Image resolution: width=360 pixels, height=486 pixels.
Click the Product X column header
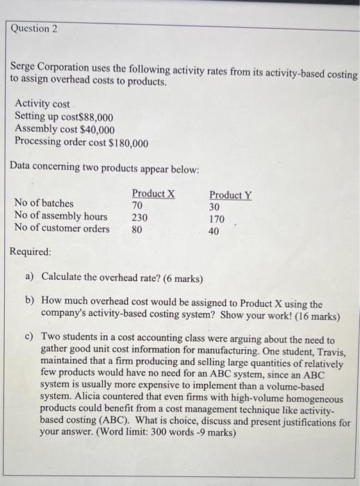[153, 193]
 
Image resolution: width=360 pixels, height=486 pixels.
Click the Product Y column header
[231, 194]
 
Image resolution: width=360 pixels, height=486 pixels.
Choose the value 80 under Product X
[138, 228]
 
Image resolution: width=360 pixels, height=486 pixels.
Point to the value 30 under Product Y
[215, 207]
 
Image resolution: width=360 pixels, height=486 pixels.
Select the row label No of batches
[44, 203]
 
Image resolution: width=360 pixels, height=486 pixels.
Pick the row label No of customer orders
[61, 228]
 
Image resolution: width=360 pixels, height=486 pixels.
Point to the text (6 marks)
[179, 278]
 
